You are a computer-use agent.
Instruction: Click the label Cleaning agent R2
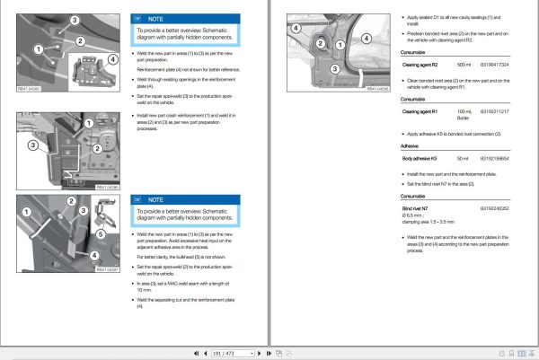pos(419,66)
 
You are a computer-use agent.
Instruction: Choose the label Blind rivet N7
pos(415,208)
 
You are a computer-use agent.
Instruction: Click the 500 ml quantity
pos(464,66)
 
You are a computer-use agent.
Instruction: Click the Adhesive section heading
pos(410,145)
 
